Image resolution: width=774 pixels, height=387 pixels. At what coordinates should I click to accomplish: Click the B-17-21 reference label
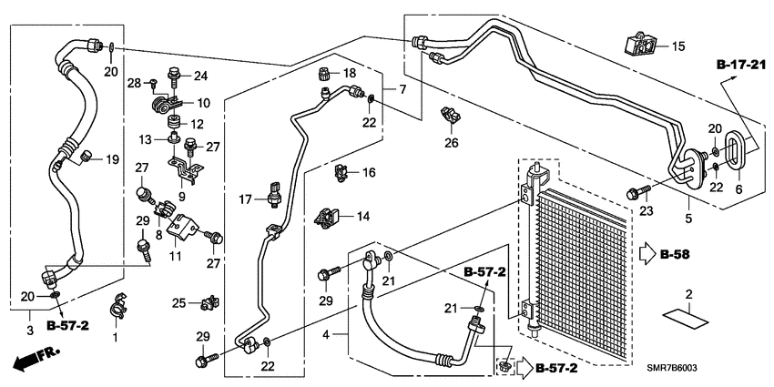pos(742,64)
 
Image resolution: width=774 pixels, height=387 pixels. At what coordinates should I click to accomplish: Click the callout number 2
pos(689,293)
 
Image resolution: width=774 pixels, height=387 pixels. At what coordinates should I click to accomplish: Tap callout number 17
pos(245,199)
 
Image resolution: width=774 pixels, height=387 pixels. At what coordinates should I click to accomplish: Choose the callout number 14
pos(362,217)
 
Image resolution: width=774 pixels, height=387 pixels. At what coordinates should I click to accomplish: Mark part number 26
pos(452,142)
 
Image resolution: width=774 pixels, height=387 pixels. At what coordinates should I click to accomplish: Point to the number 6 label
pos(738,188)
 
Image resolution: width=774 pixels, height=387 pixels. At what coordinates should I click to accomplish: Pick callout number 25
pos(178,302)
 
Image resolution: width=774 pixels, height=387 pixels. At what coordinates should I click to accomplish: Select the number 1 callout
pos(115,337)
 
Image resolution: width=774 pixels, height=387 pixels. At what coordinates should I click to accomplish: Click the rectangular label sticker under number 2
pos(689,317)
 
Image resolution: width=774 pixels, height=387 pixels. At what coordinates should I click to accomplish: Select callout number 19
pos(113,159)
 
